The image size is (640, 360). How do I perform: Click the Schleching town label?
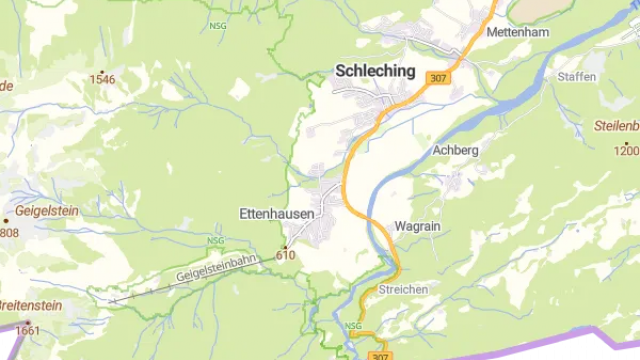[x=374, y=71]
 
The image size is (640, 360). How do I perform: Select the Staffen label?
[x=576, y=76]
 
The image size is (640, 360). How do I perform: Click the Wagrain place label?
[x=418, y=225]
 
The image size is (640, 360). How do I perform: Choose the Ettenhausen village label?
[x=277, y=213]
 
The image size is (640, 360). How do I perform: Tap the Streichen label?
[x=404, y=289]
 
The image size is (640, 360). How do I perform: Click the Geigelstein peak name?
[x=47, y=213]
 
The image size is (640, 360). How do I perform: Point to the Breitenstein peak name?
[x=30, y=305]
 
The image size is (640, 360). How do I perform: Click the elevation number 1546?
[x=102, y=78]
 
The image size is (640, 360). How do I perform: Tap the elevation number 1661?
[x=28, y=331]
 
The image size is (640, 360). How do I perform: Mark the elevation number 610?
[x=286, y=255]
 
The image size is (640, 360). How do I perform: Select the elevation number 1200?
[x=627, y=149]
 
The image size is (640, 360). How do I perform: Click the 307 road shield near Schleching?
[x=436, y=77]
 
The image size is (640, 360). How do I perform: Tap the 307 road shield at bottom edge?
[x=378, y=355]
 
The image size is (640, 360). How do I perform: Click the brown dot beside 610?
[x=286, y=246]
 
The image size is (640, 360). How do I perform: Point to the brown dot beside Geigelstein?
[x=7, y=214]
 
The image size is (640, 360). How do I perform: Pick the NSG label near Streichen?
[x=352, y=326]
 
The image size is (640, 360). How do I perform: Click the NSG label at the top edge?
[x=217, y=27]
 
